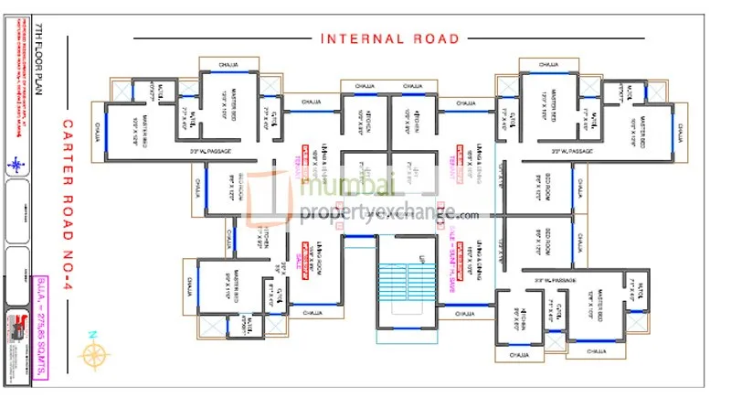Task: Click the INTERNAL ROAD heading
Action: (389, 38)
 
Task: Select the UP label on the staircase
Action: (421, 259)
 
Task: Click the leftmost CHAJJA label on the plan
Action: (96, 134)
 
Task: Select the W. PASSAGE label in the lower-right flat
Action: (552, 280)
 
